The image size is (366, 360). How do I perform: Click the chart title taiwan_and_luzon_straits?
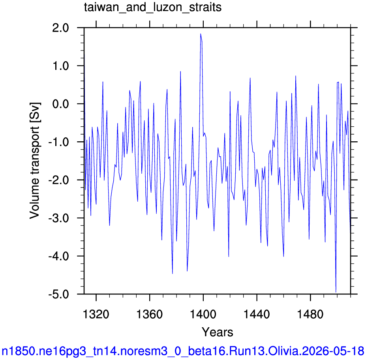pyautogui.click(x=153, y=7)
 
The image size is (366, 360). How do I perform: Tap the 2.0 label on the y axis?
pyautogui.click(x=61, y=28)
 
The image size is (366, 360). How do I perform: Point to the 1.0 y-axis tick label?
pyautogui.click(x=61, y=66)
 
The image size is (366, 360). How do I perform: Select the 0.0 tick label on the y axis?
pyautogui.click(x=61, y=104)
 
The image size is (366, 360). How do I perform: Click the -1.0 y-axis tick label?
pyautogui.click(x=58, y=142)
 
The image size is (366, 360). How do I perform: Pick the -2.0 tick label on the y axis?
pyautogui.click(x=58, y=180)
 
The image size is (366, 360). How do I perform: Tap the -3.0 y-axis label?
pyautogui.click(x=58, y=218)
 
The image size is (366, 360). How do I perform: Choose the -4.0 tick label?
pyautogui.click(x=58, y=256)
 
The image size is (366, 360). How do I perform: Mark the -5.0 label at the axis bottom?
pyautogui.click(x=58, y=294)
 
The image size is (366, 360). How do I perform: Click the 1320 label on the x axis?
pyautogui.click(x=96, y=314)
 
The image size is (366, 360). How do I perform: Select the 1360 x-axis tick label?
pyautogui.click(x=149, y=314)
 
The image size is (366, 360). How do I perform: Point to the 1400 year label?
pyautogui.click(x=203, y=314)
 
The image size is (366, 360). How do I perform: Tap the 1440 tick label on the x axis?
pyautogui.click(x=257, y=314)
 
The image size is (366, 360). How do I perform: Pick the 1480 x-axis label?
pyautogui.click(x=310, y=314)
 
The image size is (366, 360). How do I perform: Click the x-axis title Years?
pyautogui.click(x=217, y=332)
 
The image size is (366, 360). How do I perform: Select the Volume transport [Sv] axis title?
pyautogui.click(x=35, y=161)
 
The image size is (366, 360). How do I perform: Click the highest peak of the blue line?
pyautogui.click(x=201, y=34)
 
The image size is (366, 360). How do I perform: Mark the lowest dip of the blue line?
pyautogui.click(x=336, y=292)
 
